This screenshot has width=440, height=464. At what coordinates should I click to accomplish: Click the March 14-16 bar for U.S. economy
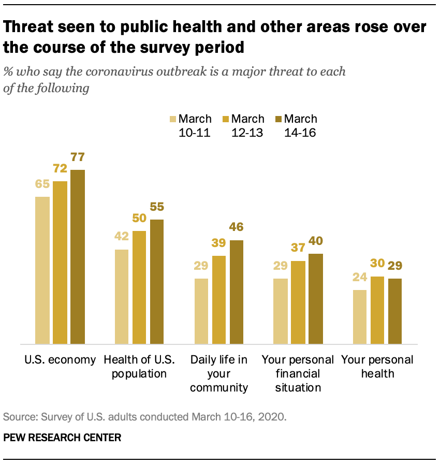click(78, 256)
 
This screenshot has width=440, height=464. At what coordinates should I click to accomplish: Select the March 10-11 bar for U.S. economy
click(42, 270)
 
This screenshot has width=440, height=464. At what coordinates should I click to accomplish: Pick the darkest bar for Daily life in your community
click(237, 292)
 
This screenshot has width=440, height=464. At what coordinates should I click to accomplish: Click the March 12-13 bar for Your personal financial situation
click(298, 302)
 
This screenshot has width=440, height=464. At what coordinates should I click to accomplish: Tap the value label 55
click(157, 207)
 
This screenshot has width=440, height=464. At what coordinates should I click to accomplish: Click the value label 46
click(237, 227)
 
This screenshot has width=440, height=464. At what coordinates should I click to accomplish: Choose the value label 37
click(298, 248)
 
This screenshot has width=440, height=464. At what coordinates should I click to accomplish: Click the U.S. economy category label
click(61, 360)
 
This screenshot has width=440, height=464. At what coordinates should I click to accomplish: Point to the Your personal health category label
click(377, 366)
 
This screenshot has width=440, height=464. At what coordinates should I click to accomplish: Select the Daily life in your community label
click(219, 373)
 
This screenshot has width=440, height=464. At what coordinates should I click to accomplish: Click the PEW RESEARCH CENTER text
click(62, 438)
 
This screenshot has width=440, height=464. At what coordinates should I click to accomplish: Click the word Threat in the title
click(30, 27)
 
